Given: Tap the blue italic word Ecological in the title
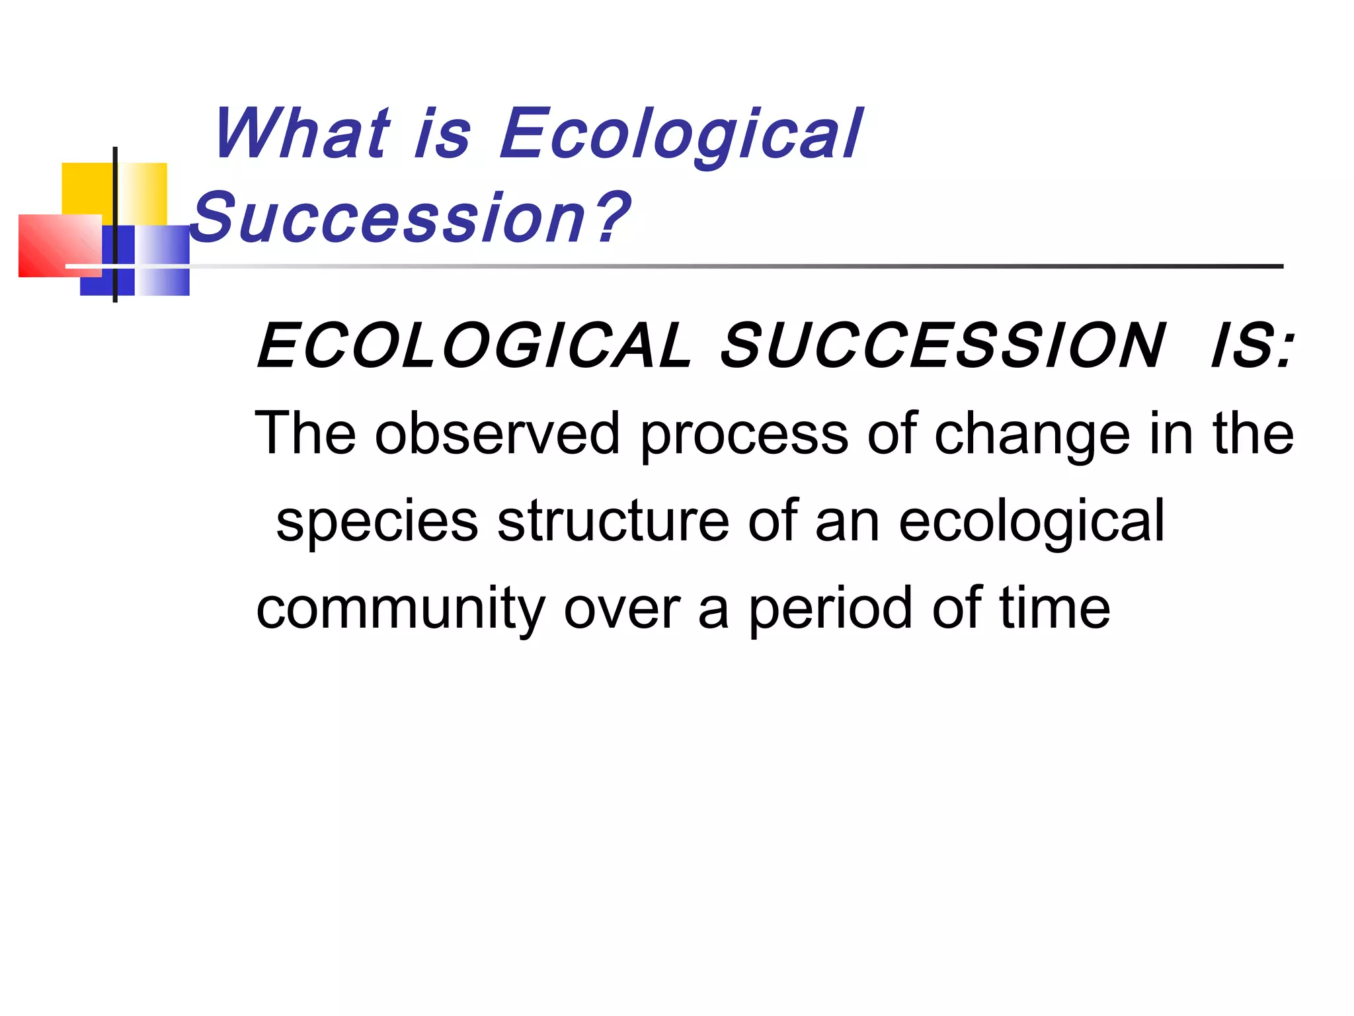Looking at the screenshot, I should click(x=681, y=136).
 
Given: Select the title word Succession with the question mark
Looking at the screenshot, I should click(x=410, y=218).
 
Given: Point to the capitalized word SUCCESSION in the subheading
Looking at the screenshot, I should click(x=941, y=346).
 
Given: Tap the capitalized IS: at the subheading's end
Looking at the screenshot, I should click(x=1251, y=346).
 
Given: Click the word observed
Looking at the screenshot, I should click(x=497, y=435).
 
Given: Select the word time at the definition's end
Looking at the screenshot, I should click(x=1054, y=609).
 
